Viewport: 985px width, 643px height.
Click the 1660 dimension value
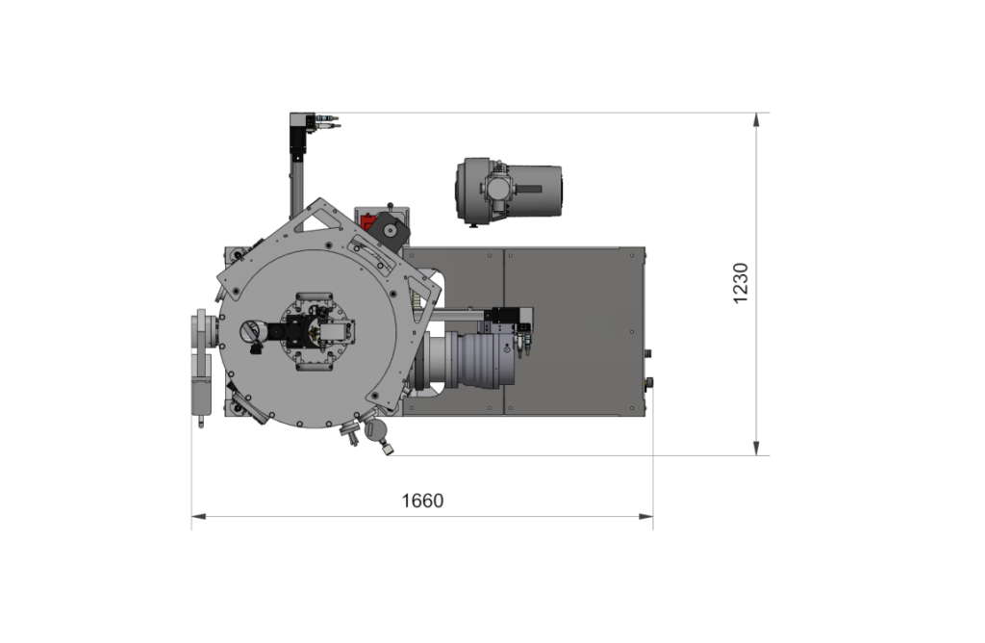pyautogui.click(x=422, y=501)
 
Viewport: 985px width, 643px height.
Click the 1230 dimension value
pyautogui.click(x=741, y=283)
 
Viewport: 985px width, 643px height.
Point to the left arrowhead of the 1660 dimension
pyautogui.click(x=198, y=517)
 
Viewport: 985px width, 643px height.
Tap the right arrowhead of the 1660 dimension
pyautogui.click(x=645, y=517)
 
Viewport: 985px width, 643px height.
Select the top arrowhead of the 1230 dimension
pyautogui.click(x=756, y=120)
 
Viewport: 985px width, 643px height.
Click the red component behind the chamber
pyautogui.click(x=366, y=222)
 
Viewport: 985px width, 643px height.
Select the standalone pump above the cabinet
pyautogui.click(x=509, y=191)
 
